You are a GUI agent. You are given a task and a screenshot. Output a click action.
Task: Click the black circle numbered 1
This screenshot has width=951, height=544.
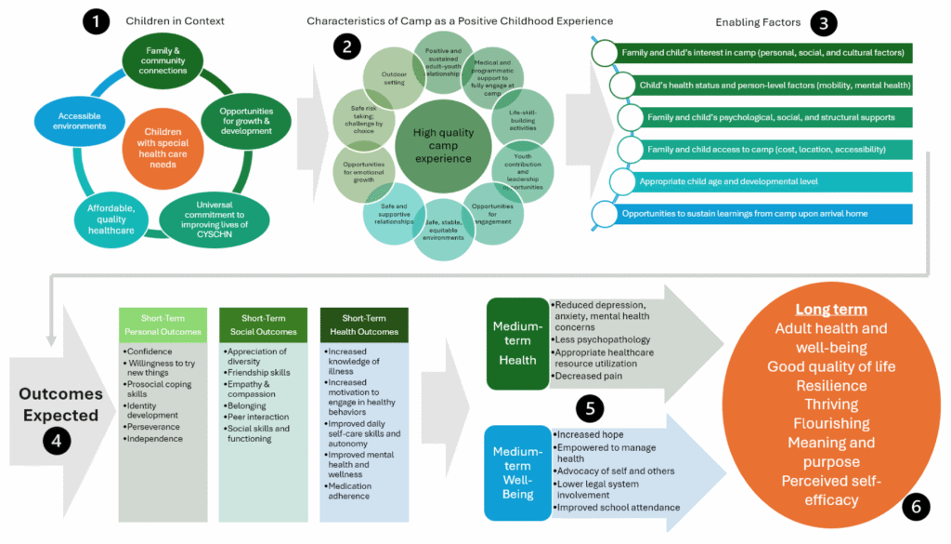[96, 20]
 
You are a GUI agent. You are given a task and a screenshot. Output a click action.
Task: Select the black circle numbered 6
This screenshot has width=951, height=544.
[916, 506]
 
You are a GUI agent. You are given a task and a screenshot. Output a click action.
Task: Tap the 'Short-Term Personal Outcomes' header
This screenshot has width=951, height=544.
[163, 325]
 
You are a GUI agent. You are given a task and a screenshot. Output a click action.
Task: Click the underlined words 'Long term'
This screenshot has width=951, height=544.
[830, 309]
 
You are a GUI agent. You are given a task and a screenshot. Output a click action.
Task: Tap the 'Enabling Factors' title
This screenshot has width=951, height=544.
[757, 21]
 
